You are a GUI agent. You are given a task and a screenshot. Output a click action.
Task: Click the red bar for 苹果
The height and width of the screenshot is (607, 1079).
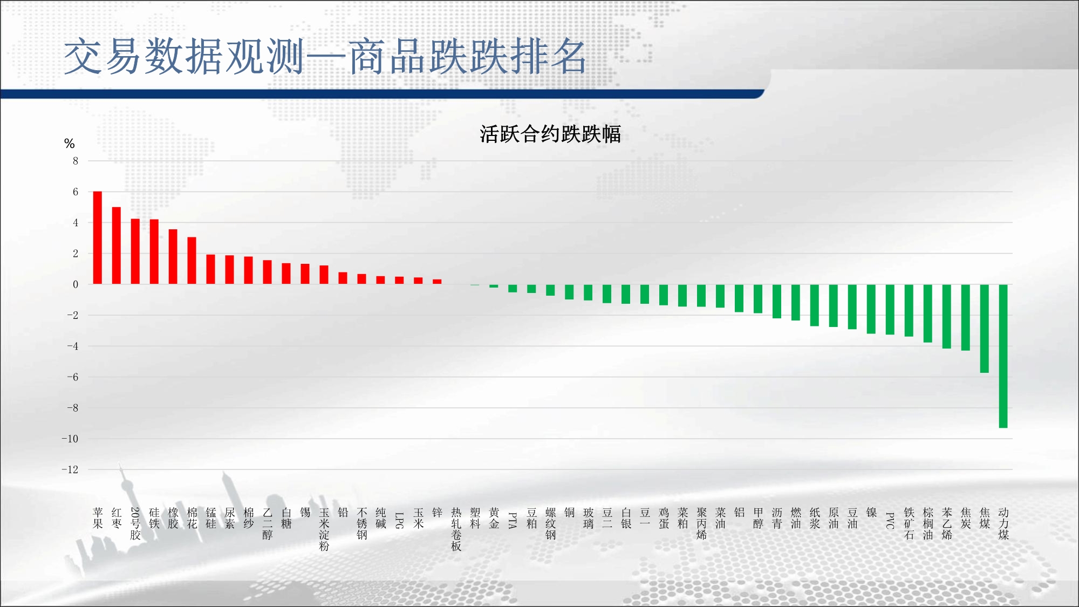98,237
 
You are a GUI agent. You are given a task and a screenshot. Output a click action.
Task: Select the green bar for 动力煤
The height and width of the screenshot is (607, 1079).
1003,356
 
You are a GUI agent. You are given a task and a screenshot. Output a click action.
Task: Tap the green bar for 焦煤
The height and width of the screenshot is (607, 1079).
985,329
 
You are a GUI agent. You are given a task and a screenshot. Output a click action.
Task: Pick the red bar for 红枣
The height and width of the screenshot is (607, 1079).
117,245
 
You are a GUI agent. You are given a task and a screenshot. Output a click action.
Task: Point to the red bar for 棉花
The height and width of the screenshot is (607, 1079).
192,261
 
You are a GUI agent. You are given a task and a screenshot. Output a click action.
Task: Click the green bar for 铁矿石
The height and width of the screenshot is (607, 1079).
909,310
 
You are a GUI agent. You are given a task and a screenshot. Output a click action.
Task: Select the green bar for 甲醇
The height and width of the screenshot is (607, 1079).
758,299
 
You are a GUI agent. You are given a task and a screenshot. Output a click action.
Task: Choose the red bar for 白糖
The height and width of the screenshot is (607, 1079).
286,274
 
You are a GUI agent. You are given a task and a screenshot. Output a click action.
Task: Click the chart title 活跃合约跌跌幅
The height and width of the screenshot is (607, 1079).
550,134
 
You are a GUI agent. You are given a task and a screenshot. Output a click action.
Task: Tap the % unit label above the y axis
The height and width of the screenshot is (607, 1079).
69,144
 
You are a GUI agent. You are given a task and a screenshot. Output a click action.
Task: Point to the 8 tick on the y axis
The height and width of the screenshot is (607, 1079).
76,161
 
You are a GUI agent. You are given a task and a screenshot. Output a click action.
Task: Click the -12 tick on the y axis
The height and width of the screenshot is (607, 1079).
70,469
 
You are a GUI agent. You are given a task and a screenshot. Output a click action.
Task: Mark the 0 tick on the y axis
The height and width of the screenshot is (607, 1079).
76,284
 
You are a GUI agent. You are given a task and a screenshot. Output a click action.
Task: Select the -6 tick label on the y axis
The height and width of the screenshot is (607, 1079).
72,377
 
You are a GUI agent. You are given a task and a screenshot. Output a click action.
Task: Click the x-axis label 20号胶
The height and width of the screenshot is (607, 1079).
135,523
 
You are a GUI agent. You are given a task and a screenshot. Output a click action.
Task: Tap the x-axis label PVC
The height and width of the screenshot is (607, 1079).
890,521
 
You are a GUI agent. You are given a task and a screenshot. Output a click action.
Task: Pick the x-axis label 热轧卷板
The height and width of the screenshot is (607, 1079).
456,529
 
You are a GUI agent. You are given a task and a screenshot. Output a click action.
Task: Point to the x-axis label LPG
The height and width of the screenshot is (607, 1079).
400,521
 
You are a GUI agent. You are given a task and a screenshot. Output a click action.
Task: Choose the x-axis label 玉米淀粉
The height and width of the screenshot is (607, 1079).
324,529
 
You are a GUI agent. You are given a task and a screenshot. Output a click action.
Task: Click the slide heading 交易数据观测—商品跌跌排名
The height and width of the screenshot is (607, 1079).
325,56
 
